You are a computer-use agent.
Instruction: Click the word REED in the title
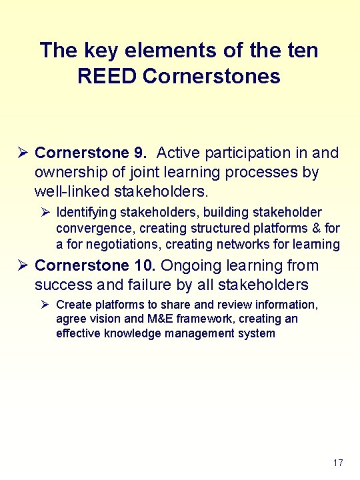tap(107, 76)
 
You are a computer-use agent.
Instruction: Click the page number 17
tap(337, 463)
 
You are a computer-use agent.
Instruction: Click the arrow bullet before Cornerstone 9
tap(21, 153)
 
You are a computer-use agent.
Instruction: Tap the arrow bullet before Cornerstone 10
tap(21, 266)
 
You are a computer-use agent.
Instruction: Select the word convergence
tap(95, 229)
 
